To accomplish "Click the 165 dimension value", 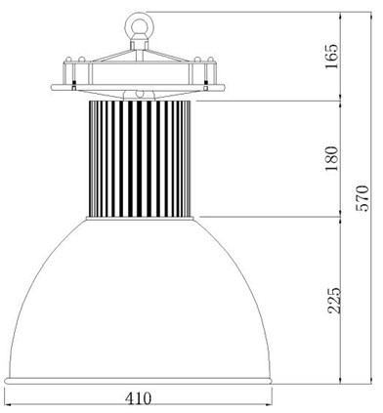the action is (332, 56).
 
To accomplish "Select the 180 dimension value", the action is (332, 159).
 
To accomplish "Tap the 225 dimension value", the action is (334, 300).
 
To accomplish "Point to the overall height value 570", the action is (362, 198).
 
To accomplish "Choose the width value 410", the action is (139, 397).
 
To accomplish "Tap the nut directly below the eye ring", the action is (140, 43).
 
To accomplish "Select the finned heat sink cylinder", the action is (140, 158).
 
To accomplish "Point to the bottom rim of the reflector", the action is (138, 381).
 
